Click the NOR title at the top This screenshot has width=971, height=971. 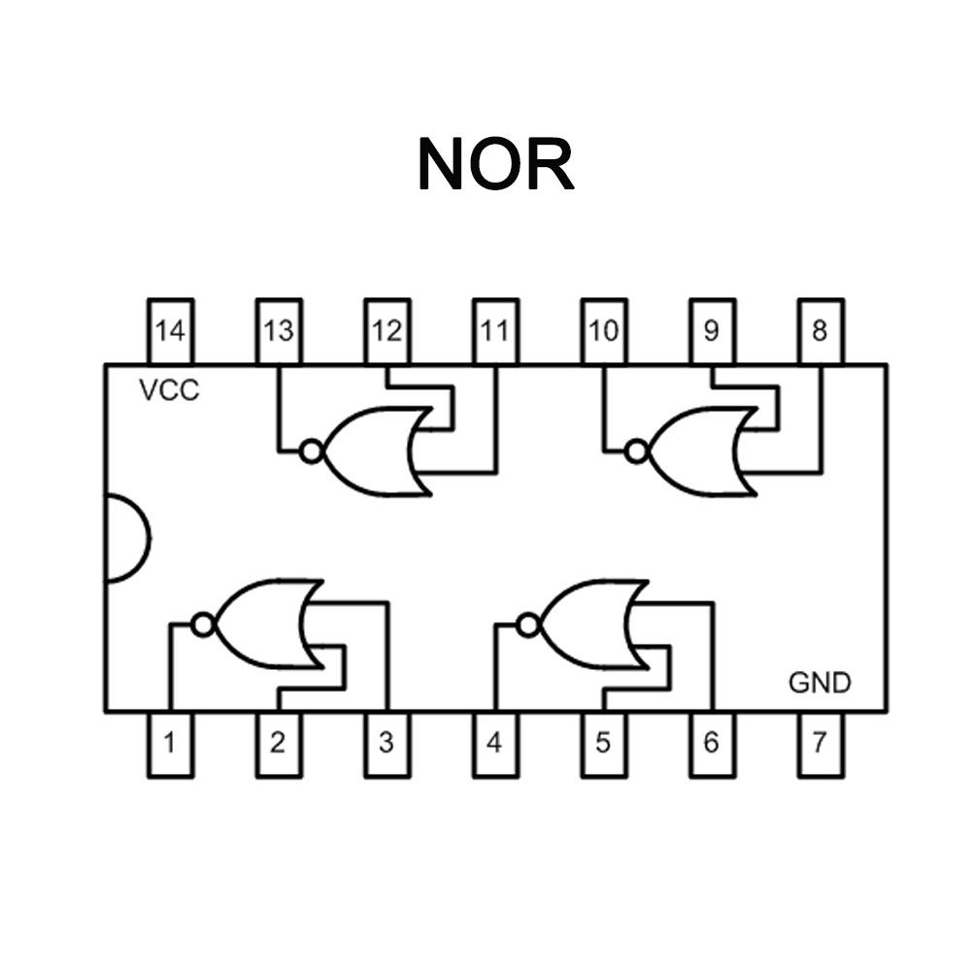pos(496,164)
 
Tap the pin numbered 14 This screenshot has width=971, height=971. pos(170,331)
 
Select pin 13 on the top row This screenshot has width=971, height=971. pos(279,331)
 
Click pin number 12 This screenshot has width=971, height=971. pos(387,331)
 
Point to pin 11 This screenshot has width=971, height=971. pos(495,331)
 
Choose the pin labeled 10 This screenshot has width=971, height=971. pos(604,331)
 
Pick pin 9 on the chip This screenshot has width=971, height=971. pos(712,331)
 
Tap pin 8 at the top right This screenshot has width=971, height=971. pos(820,331)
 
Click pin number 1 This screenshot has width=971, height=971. pos(170,745)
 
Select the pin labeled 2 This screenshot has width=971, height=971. pos(279,745)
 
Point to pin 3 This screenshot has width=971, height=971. pos(387,745)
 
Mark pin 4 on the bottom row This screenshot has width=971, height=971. pos(495,745)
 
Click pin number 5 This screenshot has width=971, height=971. pos(604,745)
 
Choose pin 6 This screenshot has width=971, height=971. pos(712,745)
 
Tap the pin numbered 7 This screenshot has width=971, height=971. pos(820,745)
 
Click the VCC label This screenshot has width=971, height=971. pos(169,390)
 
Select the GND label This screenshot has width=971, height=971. pos(820,683)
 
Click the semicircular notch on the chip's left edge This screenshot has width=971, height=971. pos(150,539)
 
